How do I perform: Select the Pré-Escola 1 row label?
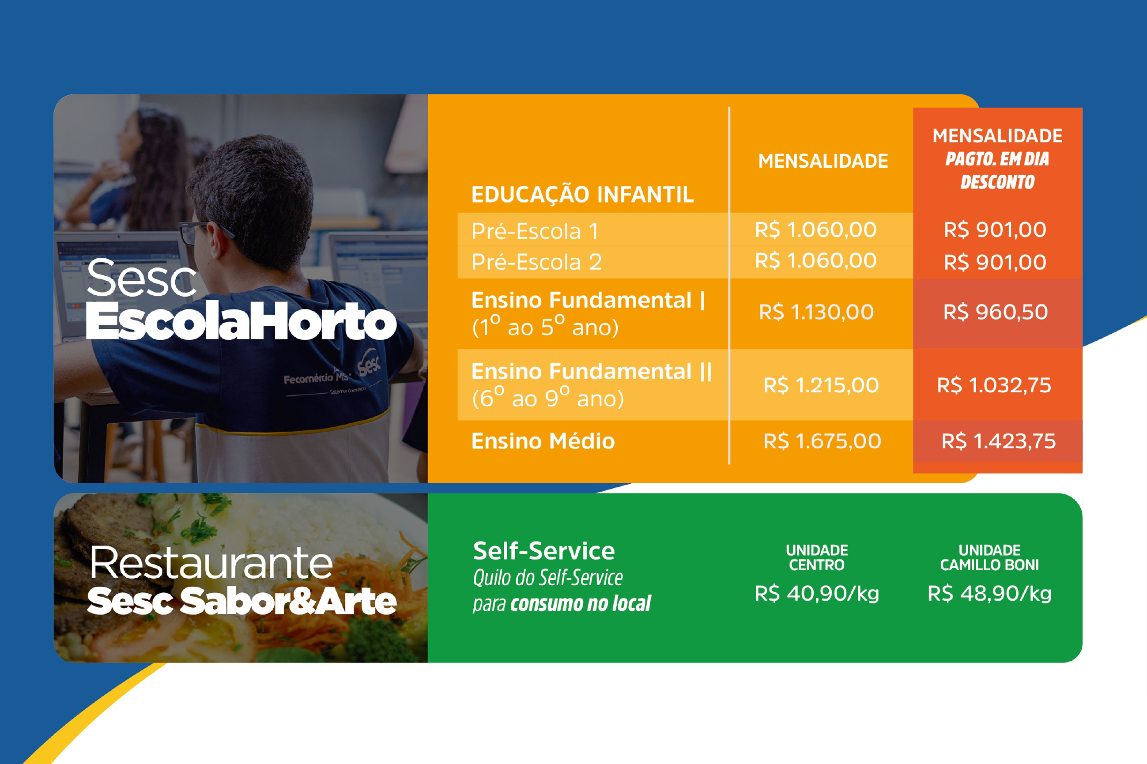tap(535, 231)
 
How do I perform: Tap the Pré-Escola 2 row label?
tap(536, 262)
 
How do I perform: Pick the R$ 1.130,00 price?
tap(816, 312)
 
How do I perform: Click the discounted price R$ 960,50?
tap(996, 312)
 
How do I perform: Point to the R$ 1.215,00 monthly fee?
tap(821, 385)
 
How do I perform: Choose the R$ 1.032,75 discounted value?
tap(994, 385)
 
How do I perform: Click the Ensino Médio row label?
tap(543, 441)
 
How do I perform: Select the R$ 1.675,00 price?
tap(822, 441)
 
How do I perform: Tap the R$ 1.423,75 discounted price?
tap(998, 441)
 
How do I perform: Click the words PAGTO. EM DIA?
tap(997, 159)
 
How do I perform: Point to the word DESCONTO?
tap(997, 182)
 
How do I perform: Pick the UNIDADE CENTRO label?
tap(817, 557)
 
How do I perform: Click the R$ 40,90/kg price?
tap(817, 594)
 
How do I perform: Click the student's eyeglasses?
tap(197, 233)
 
